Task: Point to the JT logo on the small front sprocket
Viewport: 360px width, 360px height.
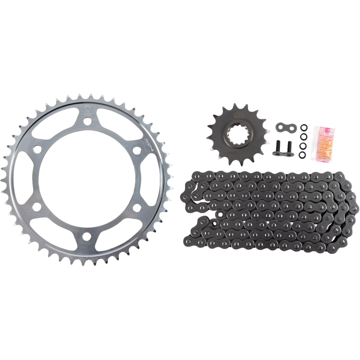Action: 237,116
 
